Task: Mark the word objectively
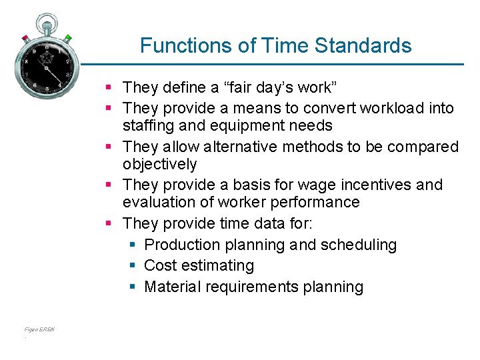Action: [x=160, y=164]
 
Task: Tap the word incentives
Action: [x=373, y=185]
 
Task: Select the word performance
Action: [x=315, y=202]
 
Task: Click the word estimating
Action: [x=217, y=265]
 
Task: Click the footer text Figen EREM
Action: [x=39, y=329]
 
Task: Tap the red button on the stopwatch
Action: [x=25, y=38]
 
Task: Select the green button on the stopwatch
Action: [x=67, y=38]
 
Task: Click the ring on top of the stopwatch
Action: [x=46, y=21]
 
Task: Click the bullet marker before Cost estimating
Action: [x=133, y=265]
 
